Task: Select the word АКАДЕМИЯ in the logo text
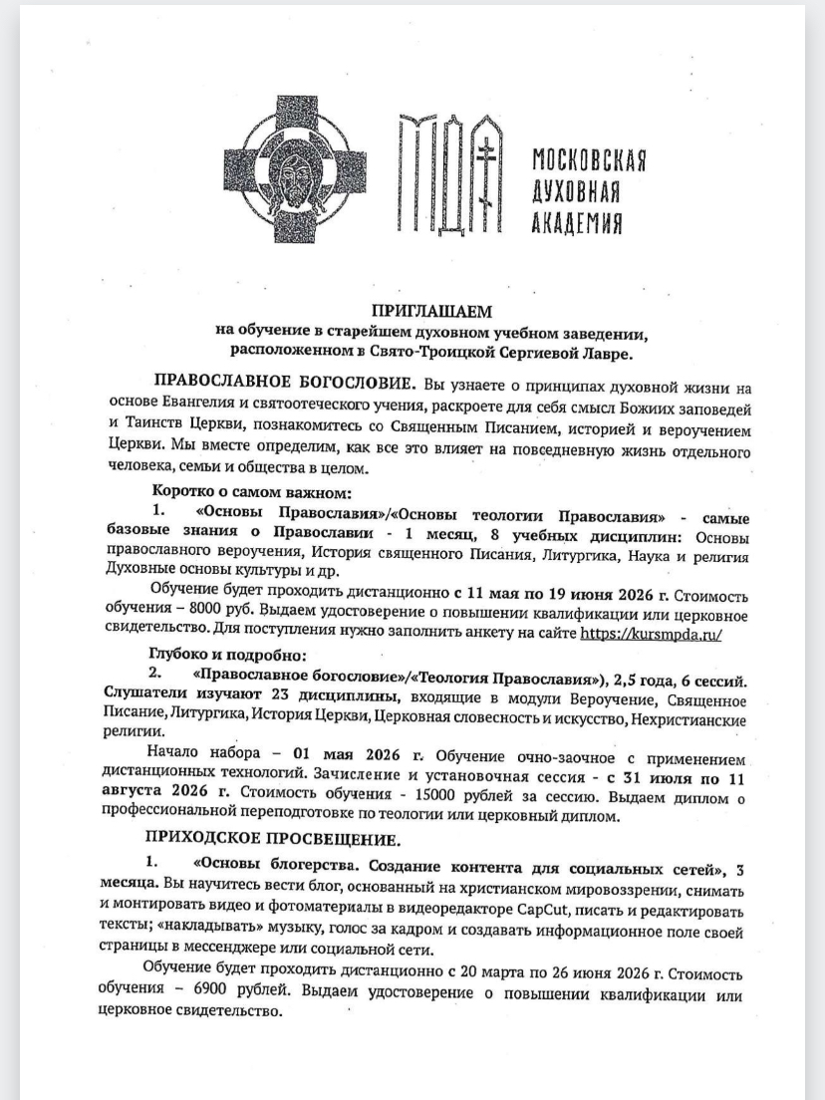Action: (578, 221)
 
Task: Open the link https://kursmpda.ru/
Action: (651, 634)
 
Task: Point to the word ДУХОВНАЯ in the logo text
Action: (577, 190)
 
